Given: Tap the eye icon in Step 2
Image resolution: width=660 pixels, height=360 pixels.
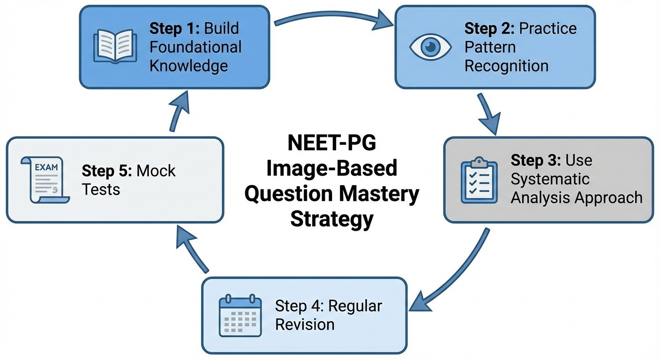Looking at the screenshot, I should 430,47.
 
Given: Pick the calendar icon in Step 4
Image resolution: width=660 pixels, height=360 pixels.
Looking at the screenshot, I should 240,315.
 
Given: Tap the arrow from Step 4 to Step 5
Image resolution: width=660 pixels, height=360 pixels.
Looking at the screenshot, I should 192,248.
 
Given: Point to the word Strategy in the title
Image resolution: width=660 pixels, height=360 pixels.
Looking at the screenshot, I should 331,219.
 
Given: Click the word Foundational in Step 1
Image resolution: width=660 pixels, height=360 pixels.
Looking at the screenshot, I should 195,47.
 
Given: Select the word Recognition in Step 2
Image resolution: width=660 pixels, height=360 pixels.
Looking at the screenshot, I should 506,66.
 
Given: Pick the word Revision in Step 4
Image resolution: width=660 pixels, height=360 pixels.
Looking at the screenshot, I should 305,324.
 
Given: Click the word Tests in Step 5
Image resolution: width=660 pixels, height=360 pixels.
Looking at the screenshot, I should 101,189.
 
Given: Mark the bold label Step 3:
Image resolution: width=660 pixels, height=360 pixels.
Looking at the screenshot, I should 535,160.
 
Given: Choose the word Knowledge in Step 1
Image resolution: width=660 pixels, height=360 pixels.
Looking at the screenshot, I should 188,65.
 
